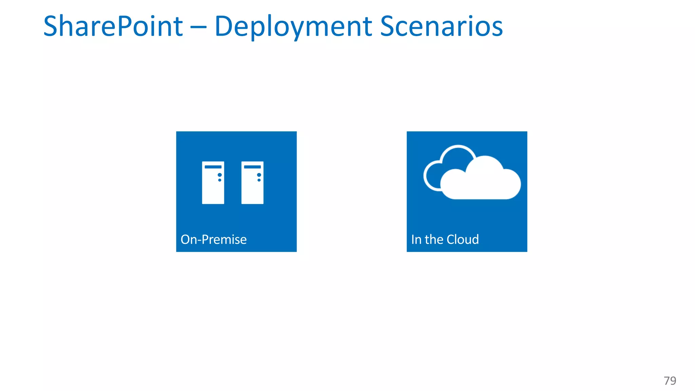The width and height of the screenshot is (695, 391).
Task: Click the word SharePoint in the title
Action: pos(113,26)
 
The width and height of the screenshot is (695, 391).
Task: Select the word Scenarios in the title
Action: pos(441,26)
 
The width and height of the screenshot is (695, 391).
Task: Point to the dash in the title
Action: pos(199,27)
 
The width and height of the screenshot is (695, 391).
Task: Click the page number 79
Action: pos(670,380)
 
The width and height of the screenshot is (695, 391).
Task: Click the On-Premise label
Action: pos(213,240)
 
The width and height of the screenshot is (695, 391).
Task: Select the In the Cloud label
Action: pos(445,240)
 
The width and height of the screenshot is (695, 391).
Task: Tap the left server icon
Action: pos(213,183)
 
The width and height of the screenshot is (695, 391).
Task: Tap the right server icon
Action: pos(252,183)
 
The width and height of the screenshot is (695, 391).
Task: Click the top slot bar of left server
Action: pos(213,167)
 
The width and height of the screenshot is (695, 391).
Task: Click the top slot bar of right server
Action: pos(252,167)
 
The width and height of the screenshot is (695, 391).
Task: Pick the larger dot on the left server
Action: pos(220,175)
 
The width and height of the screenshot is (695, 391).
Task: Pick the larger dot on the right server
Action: pos(259,175)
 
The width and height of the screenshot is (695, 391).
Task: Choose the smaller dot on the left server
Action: pos(220,180)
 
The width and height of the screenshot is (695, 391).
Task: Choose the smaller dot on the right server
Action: pos(259,180)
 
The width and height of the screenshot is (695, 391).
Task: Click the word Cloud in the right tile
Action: pos(463,240)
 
